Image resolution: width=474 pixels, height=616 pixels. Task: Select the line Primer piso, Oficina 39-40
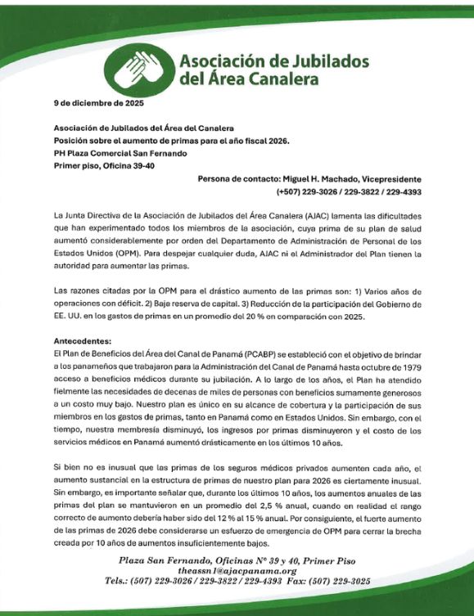tap(108, 165)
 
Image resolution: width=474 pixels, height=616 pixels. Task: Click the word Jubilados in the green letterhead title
tap(327, 61)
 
